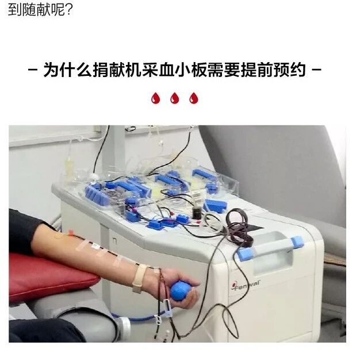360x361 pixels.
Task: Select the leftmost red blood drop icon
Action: click(x=155, y=99)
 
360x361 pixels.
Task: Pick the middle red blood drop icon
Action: click(x=174, y=99)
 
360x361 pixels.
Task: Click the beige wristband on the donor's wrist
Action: click(x=140, y=279)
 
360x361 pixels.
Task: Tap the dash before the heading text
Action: click(x=34, y=72)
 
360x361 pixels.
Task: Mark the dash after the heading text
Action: click(x=316, y=72)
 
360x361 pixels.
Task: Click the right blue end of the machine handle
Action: click(x=297, y=242)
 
